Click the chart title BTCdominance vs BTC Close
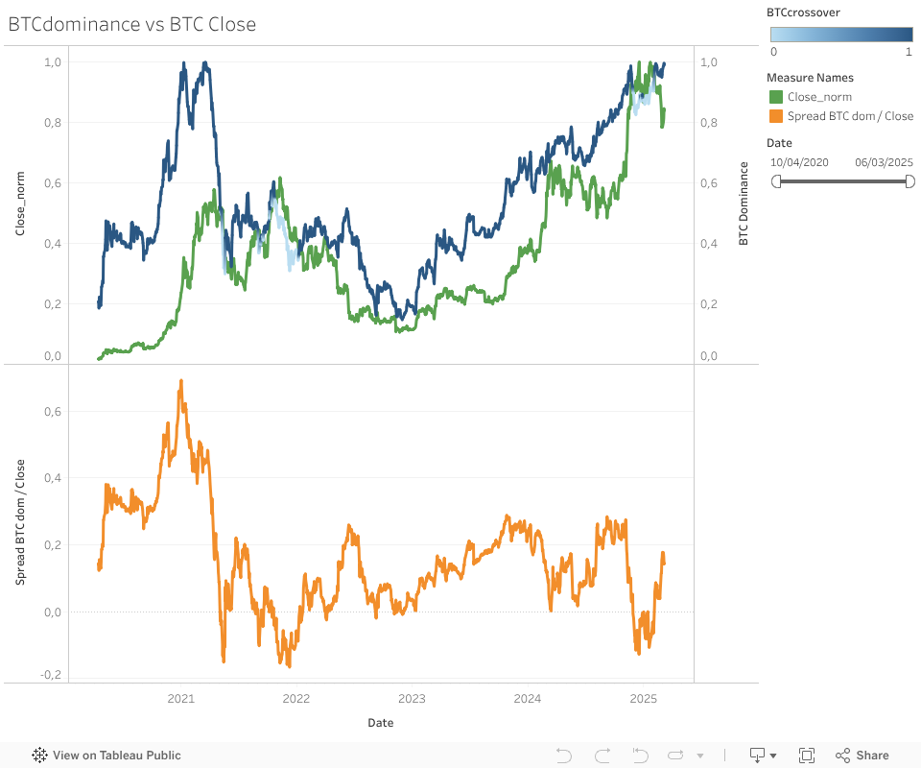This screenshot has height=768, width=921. [x=132, y=25]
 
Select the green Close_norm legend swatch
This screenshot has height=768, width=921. [x=776, y=97]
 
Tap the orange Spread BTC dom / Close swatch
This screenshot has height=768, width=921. [x=776, y=116]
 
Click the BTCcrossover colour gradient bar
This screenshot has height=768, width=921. [x=840, y=35]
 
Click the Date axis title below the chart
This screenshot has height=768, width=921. [x=380, y=723]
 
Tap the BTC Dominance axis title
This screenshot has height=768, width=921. [x=744, y=204]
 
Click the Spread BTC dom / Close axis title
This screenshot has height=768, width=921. [x=19, y=523]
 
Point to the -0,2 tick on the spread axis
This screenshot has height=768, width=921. [x=51, y=674]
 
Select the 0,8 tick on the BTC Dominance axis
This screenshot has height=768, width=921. [x=709, y=123]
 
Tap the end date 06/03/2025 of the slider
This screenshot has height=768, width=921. [x=884, y=162]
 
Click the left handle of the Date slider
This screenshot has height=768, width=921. [x=776, y=180]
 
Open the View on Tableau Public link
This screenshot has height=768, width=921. [x=106, y=756]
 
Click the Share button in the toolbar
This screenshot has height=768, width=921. [x=862, y=756]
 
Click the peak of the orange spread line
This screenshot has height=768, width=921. [x=180, y=381]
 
